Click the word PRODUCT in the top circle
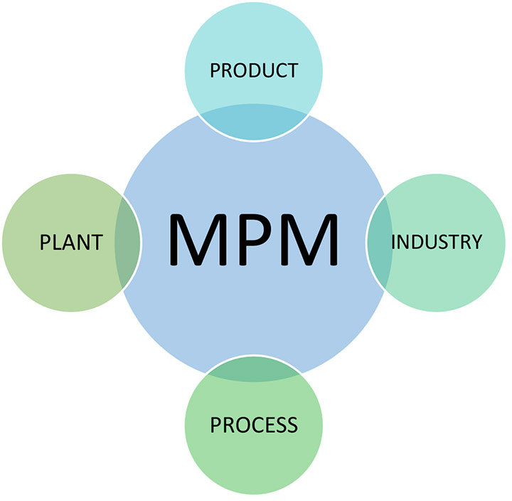point(254,70)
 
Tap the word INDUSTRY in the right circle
point(436,242)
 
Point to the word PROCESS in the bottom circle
point(254,425)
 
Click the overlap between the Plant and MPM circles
point(127,242)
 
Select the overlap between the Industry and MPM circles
point(380,242)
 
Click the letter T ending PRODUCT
point(292,70)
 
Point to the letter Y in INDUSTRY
point(475,242)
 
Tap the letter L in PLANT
point(55,242)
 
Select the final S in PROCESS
point(292,425)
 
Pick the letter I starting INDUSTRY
point(393,242)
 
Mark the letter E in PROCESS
point(265,425)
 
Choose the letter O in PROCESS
point(238,425)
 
